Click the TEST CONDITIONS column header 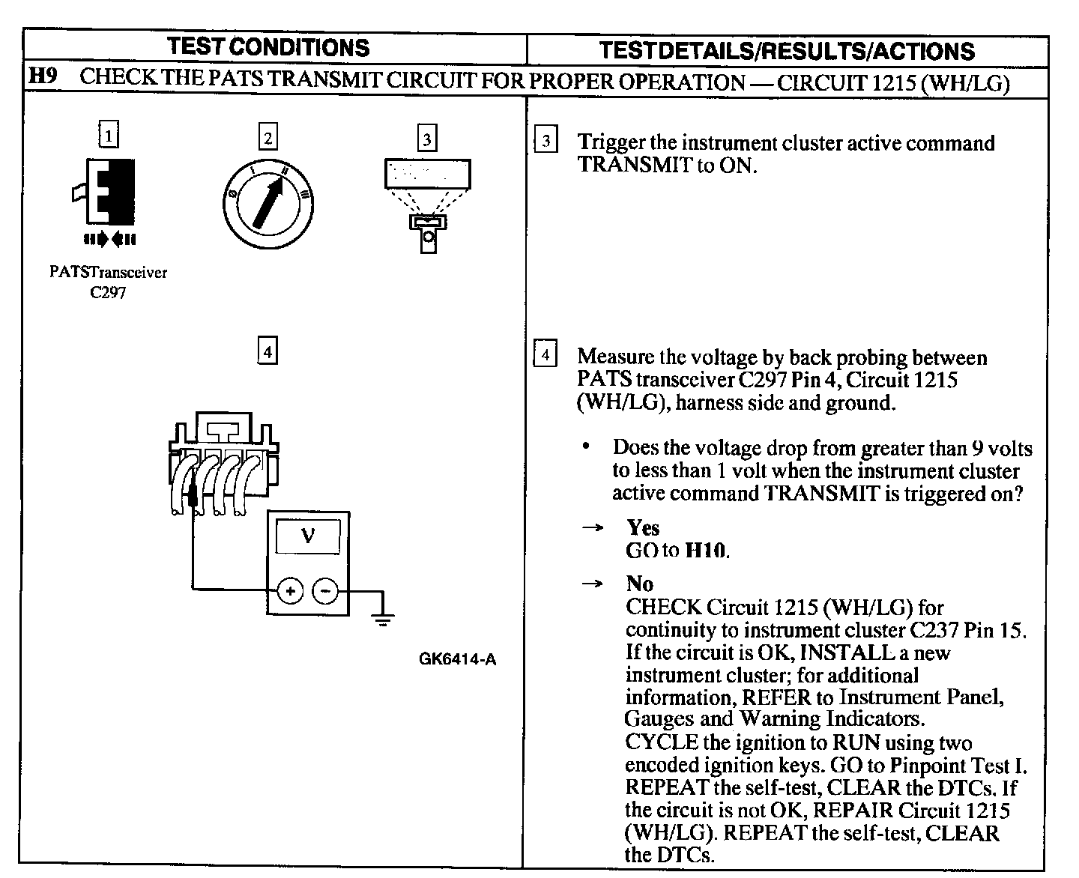pos(269,47)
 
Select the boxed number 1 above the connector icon pos(109,136)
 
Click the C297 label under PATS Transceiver pos(108,293)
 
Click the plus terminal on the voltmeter pos(290,591)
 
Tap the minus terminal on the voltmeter pos(325,591)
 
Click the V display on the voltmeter pos(307,536)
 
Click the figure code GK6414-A pos(457,660)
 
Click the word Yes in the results pos(643,527)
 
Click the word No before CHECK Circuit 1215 pos(640,584)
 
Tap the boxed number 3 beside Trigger pos(545,141)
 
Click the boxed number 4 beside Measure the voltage pos(545,354)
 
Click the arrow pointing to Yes pos(592,528)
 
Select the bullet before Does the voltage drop pos(587,447)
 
